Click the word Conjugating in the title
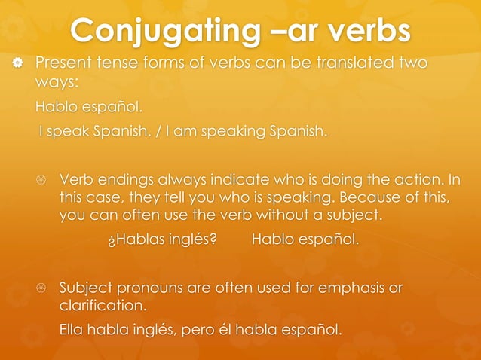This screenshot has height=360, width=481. coord(162,32)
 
